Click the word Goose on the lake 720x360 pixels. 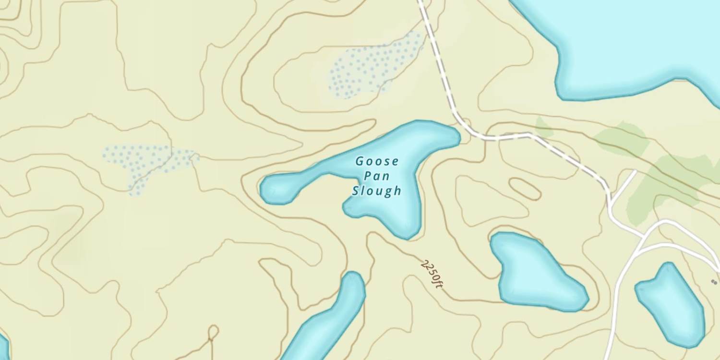tap(377, 161)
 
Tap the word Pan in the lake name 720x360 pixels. tap(377, 176)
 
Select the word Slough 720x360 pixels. tap(377, 191)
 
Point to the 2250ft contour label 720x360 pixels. tap(432, 274)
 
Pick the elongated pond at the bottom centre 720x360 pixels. tap(331, 319)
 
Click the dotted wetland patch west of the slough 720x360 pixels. tap(144, 163)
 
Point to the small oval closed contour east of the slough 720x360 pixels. tap(525, 189)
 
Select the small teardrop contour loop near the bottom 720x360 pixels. tap(213, 332)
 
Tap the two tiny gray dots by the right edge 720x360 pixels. tap(715, 282)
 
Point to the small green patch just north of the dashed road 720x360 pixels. tap(544, 127)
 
